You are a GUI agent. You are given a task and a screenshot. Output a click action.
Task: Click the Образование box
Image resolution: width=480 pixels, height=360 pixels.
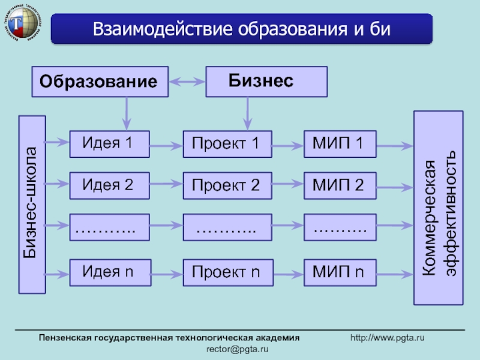tap(100, 82)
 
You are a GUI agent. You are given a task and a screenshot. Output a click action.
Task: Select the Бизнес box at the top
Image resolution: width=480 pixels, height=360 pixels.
tap(266, 82)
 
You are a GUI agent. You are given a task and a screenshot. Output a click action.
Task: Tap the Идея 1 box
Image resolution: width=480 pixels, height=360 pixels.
tap(109, 144)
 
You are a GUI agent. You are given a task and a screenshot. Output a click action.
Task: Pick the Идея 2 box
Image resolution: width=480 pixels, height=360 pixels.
tap(109, 185)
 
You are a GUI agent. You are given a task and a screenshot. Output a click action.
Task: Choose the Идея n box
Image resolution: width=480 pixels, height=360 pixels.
tap(109, 272)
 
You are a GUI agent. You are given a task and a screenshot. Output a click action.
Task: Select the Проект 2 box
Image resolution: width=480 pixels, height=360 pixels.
tap(227, 186)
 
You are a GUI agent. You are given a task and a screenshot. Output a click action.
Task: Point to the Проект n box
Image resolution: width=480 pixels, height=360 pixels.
tap(227, 273)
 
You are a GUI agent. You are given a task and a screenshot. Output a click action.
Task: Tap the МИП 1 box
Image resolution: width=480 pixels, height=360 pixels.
tap(340, 144)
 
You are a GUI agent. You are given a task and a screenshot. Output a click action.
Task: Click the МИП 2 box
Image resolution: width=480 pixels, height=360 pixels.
tap(340, 185)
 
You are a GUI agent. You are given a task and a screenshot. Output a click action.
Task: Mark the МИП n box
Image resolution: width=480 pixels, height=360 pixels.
tap(340, 272)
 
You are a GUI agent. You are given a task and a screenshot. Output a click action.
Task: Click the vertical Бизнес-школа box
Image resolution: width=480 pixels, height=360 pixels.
tap(32, 204)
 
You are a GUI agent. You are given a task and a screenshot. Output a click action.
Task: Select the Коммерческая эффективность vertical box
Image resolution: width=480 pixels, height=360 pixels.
tap(438, 207)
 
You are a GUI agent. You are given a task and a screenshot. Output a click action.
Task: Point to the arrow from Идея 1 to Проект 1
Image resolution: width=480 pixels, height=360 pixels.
tap(166, 145)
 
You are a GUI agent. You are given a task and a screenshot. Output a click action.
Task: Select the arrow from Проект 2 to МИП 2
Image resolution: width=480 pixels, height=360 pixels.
tap(288, 186)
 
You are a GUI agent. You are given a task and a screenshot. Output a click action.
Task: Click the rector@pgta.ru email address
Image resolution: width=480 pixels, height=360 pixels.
tap(238, 349)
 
